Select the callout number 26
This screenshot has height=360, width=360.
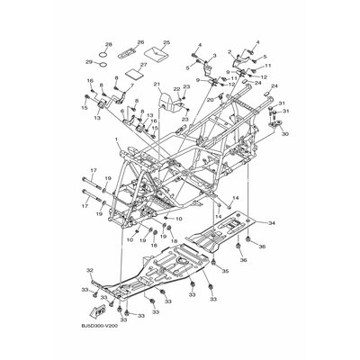139,42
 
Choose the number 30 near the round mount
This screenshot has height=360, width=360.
285,135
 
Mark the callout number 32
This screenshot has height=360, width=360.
89,270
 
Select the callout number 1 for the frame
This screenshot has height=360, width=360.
116,140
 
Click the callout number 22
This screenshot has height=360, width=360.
176,87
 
